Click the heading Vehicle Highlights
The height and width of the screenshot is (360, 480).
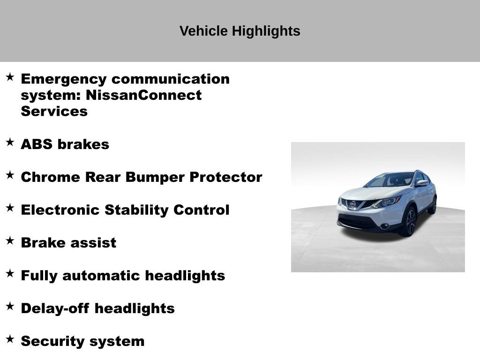click(x=240, y=31)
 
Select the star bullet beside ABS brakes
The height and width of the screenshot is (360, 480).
click(x=10, y=142)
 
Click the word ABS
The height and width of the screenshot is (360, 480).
click(x=37, y=144)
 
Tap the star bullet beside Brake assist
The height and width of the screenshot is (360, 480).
click(x=10, y=241)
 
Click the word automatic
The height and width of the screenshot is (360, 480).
click(x=101, y=276)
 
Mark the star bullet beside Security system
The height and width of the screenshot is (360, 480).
click(x=10, y=339)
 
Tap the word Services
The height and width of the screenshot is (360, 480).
click(x=54, y=112)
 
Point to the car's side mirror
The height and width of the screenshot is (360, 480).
click(x=422, y=183)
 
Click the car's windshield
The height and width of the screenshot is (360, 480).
click(x=389, y=180)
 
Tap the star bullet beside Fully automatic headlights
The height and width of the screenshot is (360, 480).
click(x=10, y=274)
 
